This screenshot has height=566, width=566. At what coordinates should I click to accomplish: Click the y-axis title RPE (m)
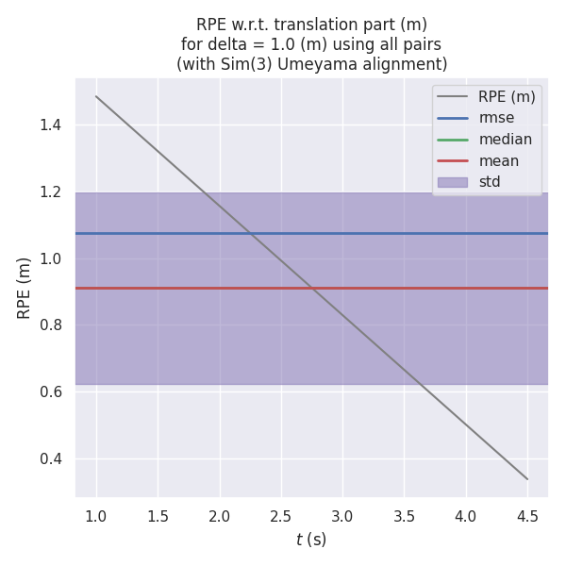click(x=25, y=287)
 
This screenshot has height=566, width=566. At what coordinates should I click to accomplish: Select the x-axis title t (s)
click(x=311, y=540)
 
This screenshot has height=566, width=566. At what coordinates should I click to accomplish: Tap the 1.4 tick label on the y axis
click(x=53, y=125)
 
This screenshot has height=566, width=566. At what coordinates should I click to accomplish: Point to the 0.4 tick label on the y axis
click(x=53, y=459)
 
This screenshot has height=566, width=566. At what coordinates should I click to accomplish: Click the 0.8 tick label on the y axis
click(x=53, y=325)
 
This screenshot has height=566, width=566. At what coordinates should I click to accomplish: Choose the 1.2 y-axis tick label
click(x=53, y=192)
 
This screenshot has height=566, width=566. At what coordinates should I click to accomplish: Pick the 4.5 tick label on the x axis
click(x=527, y=516)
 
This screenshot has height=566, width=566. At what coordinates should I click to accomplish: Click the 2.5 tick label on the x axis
click(x=281, y=516)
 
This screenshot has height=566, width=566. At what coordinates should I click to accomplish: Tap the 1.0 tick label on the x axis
click(x=96, y=516)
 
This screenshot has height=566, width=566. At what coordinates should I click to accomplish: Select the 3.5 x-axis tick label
click(x=404, y=516)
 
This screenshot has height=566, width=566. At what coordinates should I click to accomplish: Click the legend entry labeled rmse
click(x=497, y=118)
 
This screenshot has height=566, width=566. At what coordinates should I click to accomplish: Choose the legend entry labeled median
click(x=505, y=140)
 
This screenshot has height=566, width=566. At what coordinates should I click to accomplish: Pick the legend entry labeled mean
click(x=498, y=161)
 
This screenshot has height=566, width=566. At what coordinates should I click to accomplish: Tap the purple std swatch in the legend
click(x=453, y=182)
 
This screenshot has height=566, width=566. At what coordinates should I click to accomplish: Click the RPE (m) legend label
click(x=507, y=96)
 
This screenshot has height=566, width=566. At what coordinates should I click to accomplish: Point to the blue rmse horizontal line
click(x=377, y=233)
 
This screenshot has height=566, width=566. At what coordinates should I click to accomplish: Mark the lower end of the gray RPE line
click(x=527, y=479)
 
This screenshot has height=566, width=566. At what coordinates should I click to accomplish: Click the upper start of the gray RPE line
click(x=96, y=96)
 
